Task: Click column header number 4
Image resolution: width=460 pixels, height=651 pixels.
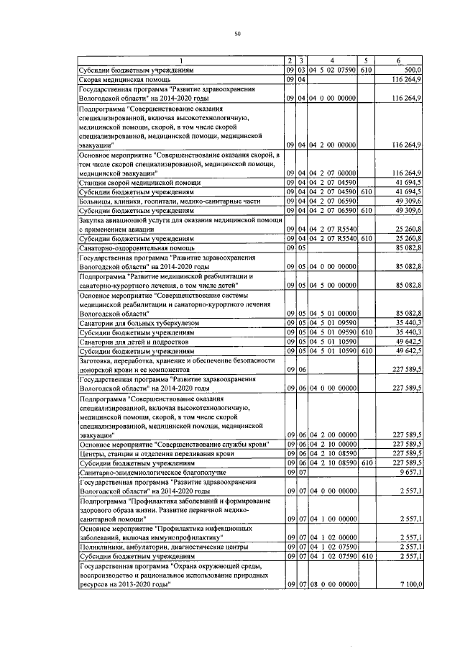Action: click(x=332, y=60)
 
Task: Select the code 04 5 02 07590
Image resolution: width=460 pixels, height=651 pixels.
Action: click(x=333, y=69)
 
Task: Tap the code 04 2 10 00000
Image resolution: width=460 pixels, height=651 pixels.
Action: click(x=333, y=445)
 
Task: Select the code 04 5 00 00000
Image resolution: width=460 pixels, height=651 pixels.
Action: click(x=333, y=286)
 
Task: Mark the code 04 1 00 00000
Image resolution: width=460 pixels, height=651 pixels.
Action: click(x=333, y=519)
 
